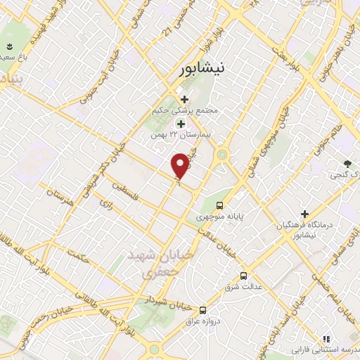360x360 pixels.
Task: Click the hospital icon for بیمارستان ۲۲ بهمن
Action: point(181,123)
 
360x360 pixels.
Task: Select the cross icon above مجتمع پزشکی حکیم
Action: point(184,100)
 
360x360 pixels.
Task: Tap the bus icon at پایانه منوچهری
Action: point(220,206)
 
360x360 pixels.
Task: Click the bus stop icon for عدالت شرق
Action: point(244,276)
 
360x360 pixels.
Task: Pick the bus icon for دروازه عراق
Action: point(203,309)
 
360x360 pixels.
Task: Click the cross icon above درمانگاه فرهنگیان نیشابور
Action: point(304,213)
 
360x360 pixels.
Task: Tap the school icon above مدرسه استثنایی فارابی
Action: point(325,338)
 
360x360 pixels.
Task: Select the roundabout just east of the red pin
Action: point(222,154)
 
